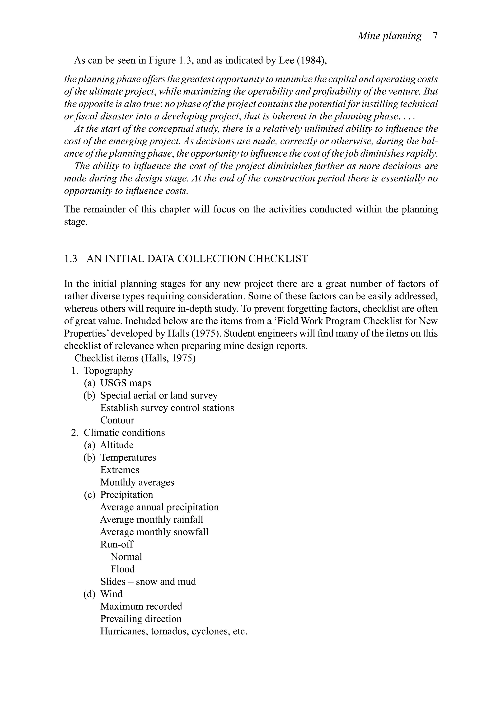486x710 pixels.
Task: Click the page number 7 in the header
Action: tap(435, 36)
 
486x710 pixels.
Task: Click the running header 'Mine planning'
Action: tap(389, 36)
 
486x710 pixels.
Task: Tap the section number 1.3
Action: tap(71, 259)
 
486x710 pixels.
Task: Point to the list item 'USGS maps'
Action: tap(126, 383)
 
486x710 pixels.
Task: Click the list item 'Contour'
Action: tap(117, 420)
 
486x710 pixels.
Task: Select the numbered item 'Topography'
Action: tap(108, 371)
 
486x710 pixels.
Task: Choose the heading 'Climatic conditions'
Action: tap(124, 433)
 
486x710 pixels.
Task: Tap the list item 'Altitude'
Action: tap(117, 445)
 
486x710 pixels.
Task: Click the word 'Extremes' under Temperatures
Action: tap(120, 470)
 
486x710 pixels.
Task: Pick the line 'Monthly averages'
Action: tap(137, 483)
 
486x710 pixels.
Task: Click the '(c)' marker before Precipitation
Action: tap(89, 495)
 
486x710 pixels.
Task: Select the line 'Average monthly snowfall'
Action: tap(154, 532)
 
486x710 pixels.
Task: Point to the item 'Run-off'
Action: tap(117, 544)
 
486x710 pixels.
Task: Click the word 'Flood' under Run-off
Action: tap(123, 569)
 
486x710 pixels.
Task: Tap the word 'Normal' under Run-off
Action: tap(126, 557)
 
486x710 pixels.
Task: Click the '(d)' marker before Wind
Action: tap(89, 594)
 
